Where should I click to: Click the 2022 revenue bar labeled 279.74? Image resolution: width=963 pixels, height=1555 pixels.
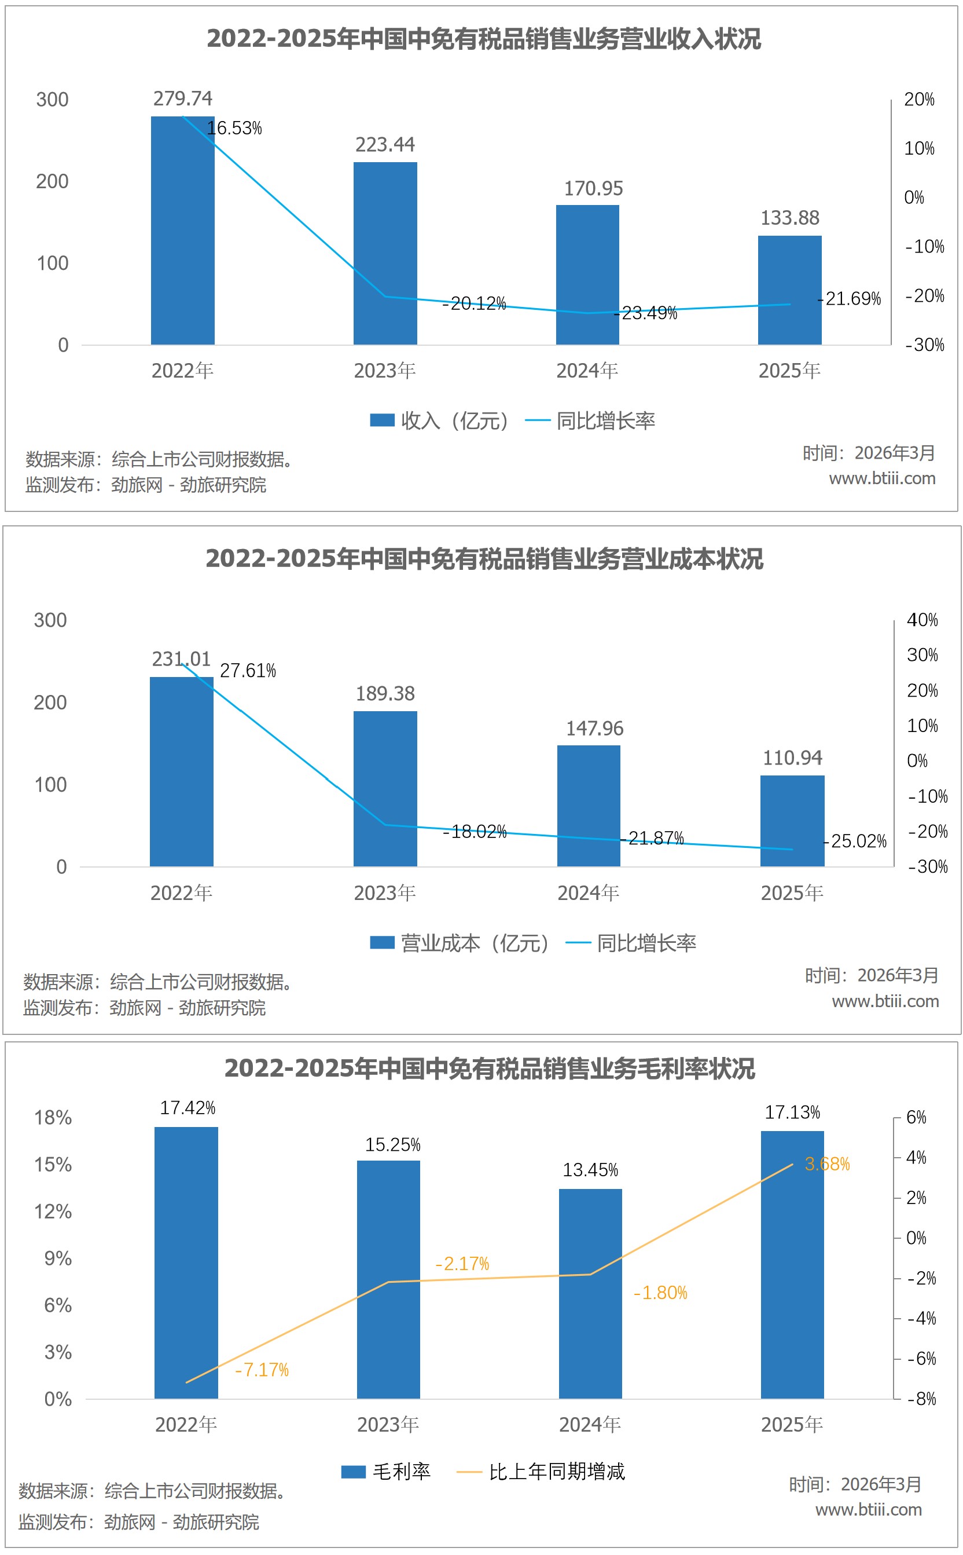click(182, 229)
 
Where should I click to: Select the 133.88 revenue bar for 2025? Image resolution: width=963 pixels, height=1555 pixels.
click(789, 290)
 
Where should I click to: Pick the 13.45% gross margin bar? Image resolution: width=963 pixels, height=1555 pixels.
click(590, 1294)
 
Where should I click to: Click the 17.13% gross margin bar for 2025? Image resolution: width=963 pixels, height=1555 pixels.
click(792, 1265)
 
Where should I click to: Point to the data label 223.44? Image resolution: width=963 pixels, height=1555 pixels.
click(385, 145)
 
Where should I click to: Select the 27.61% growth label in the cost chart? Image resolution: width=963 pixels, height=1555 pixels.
click(248, 671)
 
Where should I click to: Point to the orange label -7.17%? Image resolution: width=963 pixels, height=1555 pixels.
click(262, 1370)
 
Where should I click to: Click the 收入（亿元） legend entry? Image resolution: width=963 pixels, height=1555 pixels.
click(439, 420)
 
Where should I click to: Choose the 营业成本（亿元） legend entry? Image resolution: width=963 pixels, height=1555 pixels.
click(459, 943)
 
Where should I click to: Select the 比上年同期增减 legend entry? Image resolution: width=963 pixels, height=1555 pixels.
click(541, 1471)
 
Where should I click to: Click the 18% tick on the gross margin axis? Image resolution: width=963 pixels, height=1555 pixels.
click(53, 1117)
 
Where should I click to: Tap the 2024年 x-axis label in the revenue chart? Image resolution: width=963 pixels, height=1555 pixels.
click(587, 370)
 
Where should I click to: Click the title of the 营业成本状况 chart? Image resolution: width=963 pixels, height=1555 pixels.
click(484, 558)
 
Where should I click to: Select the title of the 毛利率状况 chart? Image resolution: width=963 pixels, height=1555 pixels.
click(489, 1068)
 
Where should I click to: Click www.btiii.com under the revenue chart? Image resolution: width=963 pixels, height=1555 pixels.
click(881, 478)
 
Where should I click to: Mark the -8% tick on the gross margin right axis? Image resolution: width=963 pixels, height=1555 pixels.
click(921, 1399)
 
